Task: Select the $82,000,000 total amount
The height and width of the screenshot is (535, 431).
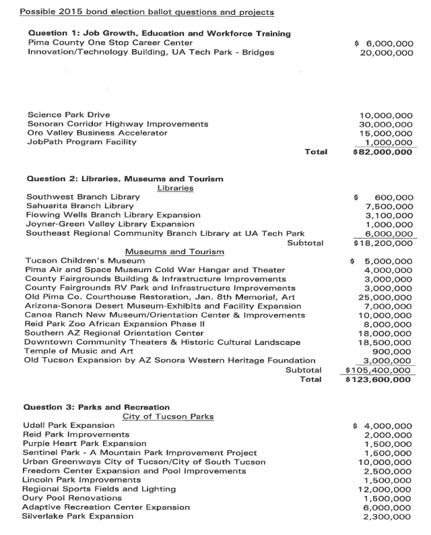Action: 383,152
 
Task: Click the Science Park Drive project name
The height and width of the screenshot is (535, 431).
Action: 69,114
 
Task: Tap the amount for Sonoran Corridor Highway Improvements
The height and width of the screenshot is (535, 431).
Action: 387,124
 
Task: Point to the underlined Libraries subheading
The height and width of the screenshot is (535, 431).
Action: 175,188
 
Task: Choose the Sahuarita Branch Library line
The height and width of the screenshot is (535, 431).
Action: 79,206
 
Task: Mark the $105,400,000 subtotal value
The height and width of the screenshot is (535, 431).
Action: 378,370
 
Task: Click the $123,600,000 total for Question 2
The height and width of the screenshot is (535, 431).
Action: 378,379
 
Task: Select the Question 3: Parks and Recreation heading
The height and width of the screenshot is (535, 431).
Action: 97,407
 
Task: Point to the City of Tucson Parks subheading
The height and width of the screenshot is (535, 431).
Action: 168,416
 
